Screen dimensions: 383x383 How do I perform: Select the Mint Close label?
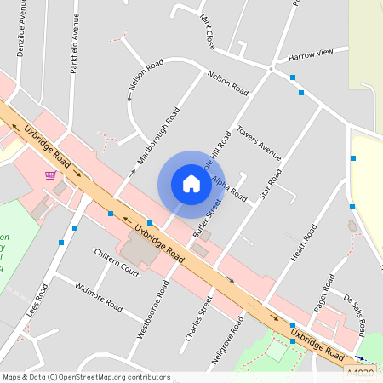(x=209, y=31)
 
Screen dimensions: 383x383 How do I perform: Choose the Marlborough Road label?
(x=158, y=136)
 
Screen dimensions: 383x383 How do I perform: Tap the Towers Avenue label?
(x=260, y=143)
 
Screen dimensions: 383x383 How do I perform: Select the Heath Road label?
(x=304, y=244)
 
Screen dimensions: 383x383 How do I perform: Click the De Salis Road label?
(x=359, y=305)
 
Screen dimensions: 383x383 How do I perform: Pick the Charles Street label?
(x=197, y=318)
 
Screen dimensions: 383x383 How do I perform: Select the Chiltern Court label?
(x=117, y=260)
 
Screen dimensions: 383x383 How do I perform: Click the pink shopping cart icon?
(x=51, y=175)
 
